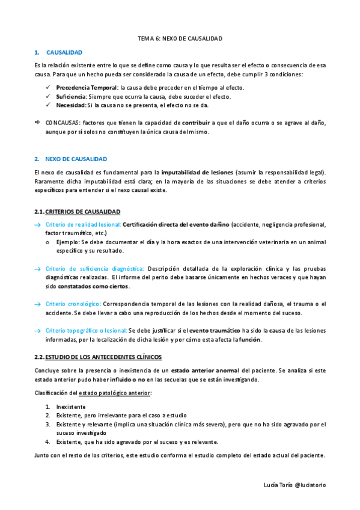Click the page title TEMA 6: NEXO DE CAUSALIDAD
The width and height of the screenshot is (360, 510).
180,38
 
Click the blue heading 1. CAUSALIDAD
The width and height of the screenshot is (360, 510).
64,53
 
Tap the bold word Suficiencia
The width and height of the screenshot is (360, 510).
71,96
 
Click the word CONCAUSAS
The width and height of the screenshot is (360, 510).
63,122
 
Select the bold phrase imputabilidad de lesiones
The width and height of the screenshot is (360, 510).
197,172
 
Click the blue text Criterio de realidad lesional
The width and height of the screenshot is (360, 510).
82,224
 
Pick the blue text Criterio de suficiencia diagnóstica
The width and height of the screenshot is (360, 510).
94,268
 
